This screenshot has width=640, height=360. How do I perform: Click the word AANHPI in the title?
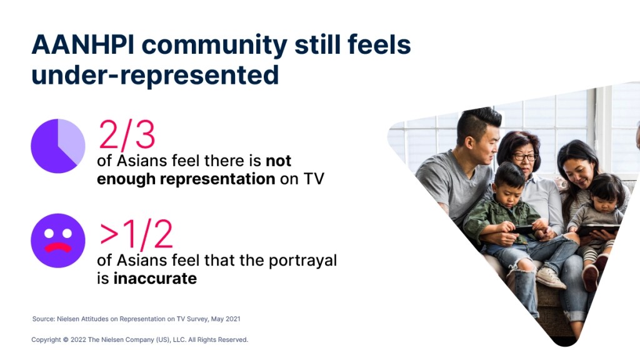pos(83,44)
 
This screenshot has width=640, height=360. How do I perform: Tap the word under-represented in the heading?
pos(155,75)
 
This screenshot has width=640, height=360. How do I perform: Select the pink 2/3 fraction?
pos(127,134)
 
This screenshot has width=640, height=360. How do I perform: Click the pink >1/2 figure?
pos(136,234)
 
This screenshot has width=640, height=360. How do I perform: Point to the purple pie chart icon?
pos(58,146)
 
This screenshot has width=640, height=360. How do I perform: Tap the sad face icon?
pos(58,241)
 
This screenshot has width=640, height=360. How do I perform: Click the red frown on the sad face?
pos(58,247)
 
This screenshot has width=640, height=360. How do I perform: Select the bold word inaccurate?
pos(155,278)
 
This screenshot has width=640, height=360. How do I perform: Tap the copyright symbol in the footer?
pos(65,339)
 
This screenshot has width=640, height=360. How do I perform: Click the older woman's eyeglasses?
pos(524,156)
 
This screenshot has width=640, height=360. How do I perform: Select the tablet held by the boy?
pos(523,230)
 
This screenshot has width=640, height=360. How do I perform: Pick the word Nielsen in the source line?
pos(67,319)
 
